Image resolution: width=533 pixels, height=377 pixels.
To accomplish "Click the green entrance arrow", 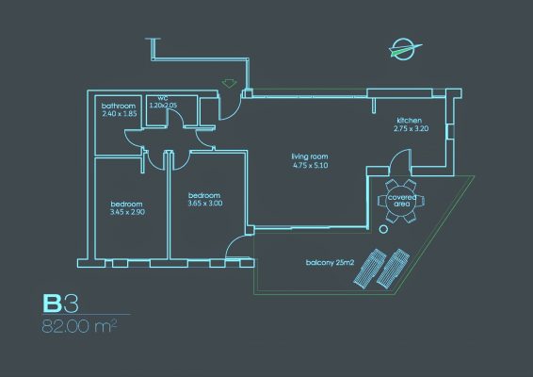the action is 230,83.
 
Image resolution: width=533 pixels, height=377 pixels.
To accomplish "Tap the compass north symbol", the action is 405,49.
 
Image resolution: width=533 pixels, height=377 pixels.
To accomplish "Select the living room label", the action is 310,156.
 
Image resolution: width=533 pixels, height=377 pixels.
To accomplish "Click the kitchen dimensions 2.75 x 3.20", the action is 411,128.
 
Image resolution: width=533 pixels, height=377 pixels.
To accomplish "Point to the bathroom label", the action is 119,106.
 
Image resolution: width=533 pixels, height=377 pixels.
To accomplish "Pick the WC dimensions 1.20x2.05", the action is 163,106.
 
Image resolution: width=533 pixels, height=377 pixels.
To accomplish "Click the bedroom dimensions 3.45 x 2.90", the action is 127,212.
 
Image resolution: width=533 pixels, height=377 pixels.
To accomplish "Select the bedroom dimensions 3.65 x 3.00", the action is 205,204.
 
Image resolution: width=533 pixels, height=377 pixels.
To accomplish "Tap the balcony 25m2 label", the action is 331,263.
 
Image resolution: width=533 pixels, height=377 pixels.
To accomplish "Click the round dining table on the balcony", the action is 401,201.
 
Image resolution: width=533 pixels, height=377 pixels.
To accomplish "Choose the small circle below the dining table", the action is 383,229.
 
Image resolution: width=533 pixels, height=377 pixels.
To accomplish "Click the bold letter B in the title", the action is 53,303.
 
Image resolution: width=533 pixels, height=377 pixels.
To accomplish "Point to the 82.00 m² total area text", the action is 79,326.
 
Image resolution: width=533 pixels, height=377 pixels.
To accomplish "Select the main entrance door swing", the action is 231,108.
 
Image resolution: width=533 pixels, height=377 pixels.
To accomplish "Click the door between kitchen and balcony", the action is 400,159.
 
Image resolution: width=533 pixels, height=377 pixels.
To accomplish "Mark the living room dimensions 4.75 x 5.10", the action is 311,166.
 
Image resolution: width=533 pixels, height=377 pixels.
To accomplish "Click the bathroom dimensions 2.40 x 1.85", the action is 120,114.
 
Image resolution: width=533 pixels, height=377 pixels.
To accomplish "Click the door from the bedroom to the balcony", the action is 236,247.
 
